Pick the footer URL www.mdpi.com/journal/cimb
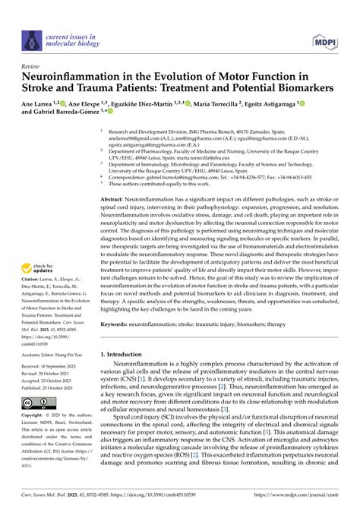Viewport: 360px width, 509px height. pos(305,501)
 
